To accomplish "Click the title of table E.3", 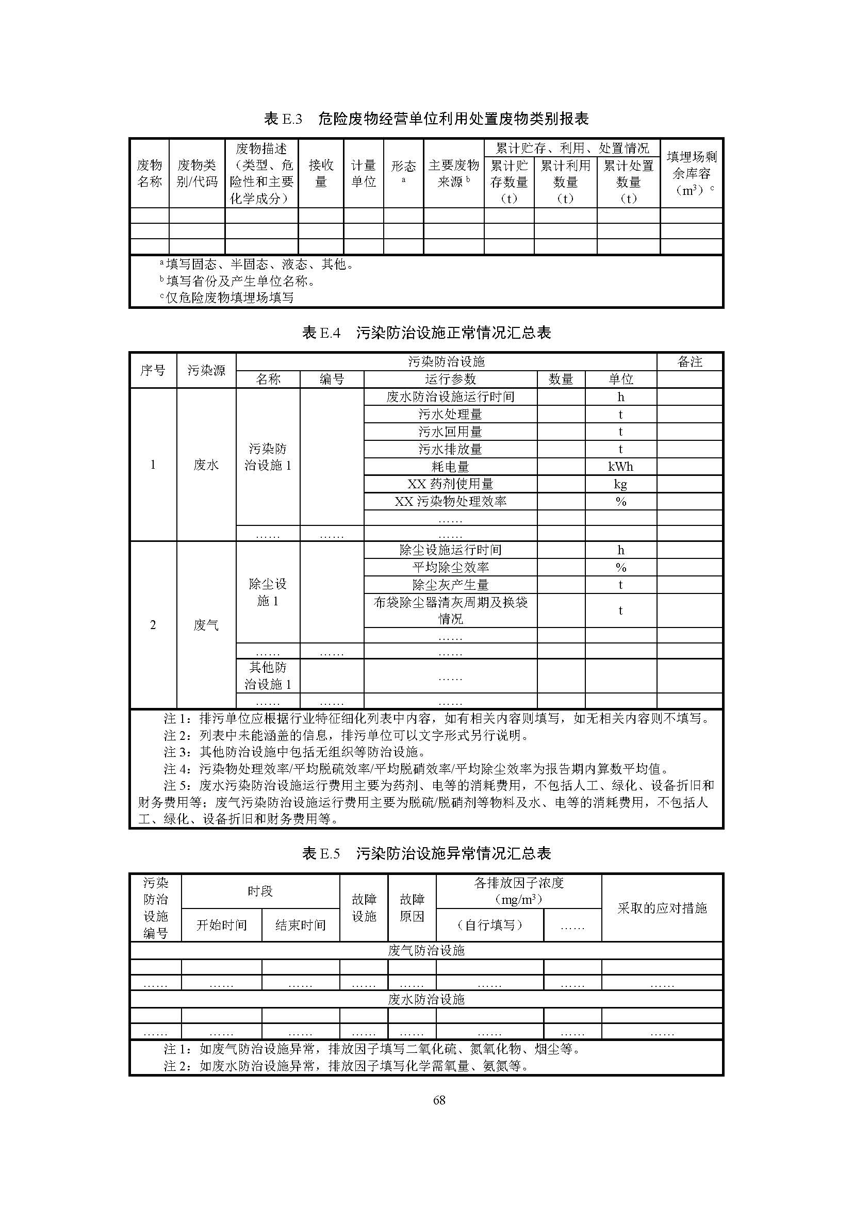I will click(x=426, y=119).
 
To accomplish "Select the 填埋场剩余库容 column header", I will click(x=691, y=173).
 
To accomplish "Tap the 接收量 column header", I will click(x=321, y=173).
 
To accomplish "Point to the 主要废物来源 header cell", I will click(x=454, y=173).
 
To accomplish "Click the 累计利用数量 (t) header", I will click(x=565, y=181).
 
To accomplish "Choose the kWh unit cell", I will click(x=620, y=467).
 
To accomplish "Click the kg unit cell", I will click(x=620, y=484).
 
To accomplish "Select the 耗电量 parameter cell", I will click(x=450, y=467).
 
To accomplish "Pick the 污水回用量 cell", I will click(x=450, y=432).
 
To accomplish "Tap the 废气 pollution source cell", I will click(x=206, y=625).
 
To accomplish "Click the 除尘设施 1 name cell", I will click(x=268, y=592).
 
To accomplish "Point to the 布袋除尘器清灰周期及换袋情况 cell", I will click(x=450, y=610).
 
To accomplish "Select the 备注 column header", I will click(x=690, y=361).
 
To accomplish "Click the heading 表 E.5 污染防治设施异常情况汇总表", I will click(x=426, y=853).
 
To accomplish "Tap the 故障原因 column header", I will click(x=412, y=907).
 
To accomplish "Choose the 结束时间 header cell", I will click(x=301, y=925).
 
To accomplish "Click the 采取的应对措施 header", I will click(x=662, y=907).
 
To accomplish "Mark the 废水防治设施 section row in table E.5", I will click(x=426, y=999).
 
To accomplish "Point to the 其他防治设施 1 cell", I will click(x=268, y=675).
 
